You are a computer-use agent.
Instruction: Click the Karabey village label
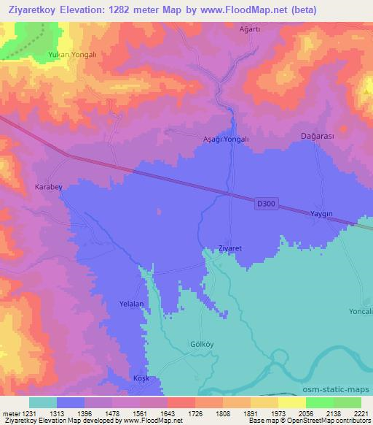[x=49, y=188]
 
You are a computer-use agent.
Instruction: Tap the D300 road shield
[x=267, y=206]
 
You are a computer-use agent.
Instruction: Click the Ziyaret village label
[x=229, y=249]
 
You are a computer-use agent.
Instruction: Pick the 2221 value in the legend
[x=361, y=413]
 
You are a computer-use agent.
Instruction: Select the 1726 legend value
[x=182, y=413]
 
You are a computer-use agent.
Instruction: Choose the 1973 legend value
[x=279, y=413]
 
